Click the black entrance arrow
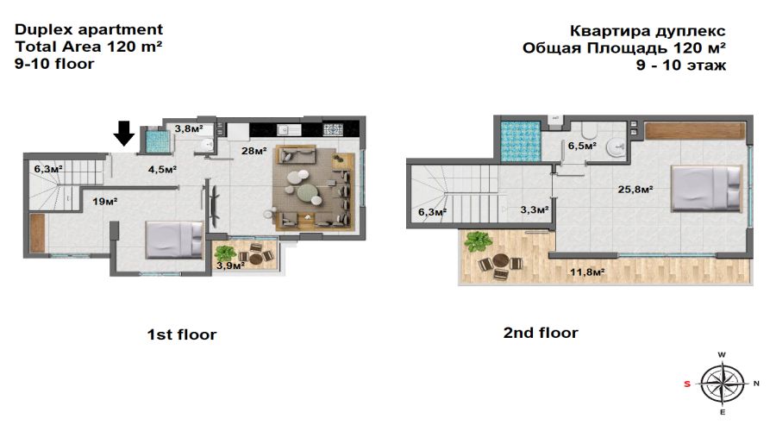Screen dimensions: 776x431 click(x=123, y=133)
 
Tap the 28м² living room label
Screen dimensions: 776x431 click(x=254, y=151)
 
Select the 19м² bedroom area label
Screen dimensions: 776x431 click(x=105, y=202)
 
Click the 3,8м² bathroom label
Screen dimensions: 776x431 click(x=189, y=129)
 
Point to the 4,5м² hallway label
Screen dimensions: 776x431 click(x=163, y=170)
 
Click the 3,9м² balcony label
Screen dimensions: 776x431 click(x=230, y=265)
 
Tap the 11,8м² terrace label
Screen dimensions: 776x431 click(x=587, y=272)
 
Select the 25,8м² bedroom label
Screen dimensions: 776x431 click(x=635, y=189)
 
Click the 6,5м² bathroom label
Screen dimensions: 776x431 click(x=582, y=146)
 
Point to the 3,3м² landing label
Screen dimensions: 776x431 click(x=535, y=209)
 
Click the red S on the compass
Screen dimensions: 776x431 click(x=687, y=384)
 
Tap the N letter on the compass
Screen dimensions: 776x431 click(x=756, y=384)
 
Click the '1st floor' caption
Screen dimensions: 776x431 click(x=182, y=334)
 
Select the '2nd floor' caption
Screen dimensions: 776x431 click(x=541, y=333)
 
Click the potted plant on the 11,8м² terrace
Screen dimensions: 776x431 click(x=478, y=242)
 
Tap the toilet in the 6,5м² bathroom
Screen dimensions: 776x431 click(x=589, y=130)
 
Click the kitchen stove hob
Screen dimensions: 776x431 click(x=333, y=129)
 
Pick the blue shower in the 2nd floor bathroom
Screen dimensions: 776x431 click(x=520, y=141)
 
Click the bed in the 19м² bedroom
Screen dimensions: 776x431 click(x=174, y=240)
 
